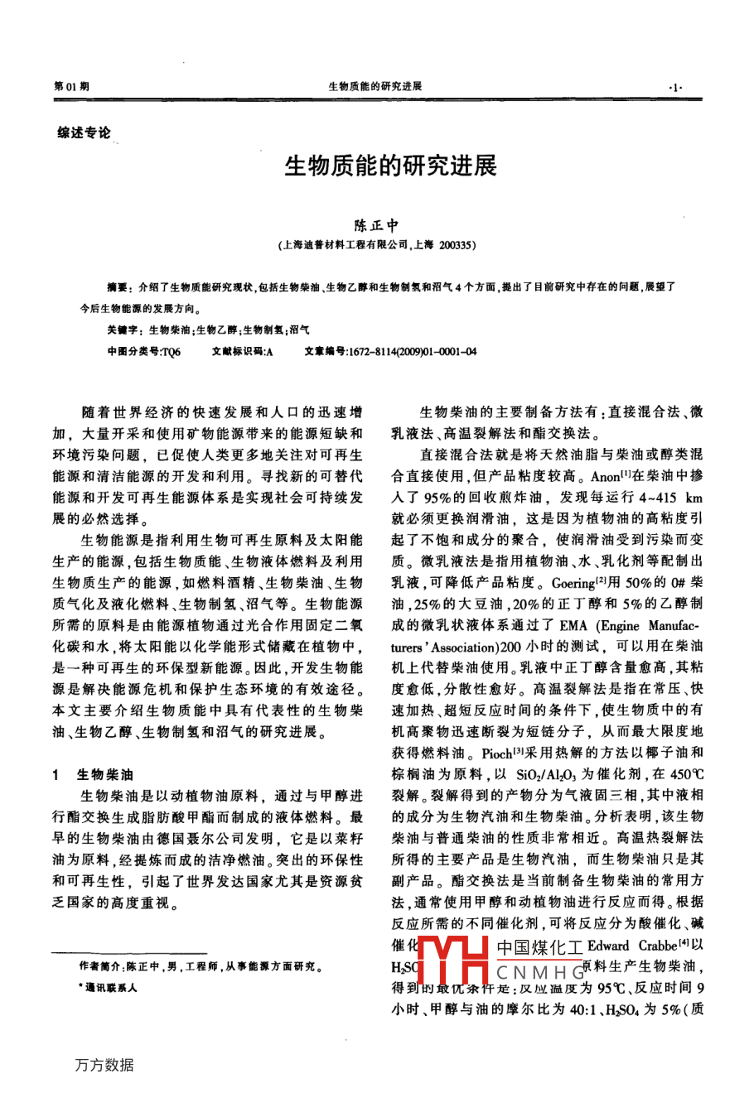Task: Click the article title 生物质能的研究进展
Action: pos(390,166)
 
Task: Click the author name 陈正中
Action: pos(377,225)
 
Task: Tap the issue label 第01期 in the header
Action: pos(71,86)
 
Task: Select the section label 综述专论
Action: pos(84,133)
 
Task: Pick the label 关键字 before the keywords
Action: pos(120,330)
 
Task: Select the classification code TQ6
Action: pos(171,351)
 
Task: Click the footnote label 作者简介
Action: pos(99,966)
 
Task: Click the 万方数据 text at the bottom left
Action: pos(104,1065)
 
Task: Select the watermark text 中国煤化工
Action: pos(540,946)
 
